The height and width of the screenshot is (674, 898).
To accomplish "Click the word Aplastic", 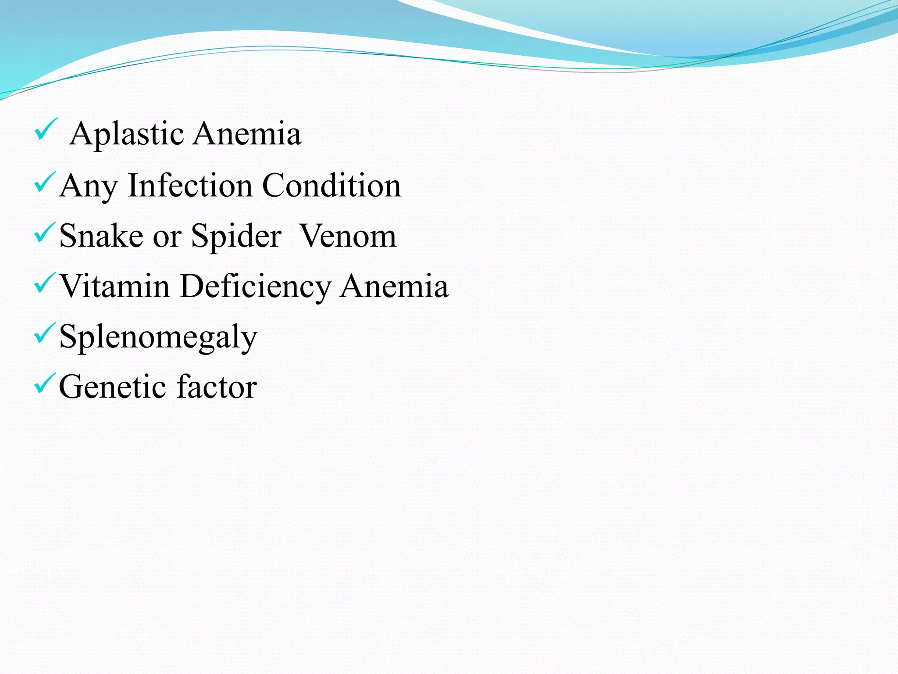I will click(x=126, y=134).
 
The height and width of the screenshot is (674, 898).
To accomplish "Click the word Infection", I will click(x=190, y=186).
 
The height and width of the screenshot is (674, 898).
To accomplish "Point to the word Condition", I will click(x=331, y=186).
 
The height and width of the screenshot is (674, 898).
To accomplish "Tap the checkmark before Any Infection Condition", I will click(x=45, y=182).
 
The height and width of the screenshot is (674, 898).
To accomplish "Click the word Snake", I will click(x=101, y=236).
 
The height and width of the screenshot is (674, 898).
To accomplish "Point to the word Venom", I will click(x=348, y=236).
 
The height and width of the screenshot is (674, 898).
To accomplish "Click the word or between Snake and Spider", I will click(x=167, y=237).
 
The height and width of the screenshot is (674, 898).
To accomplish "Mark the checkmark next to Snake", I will click(x=45, y=233).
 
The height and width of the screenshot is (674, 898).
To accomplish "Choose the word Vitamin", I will click(x=114, y=286).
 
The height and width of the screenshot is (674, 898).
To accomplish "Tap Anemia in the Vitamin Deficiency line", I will click(x=394, y=286).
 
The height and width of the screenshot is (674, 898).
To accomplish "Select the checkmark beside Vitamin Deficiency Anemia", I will click(x=45, y=283).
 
